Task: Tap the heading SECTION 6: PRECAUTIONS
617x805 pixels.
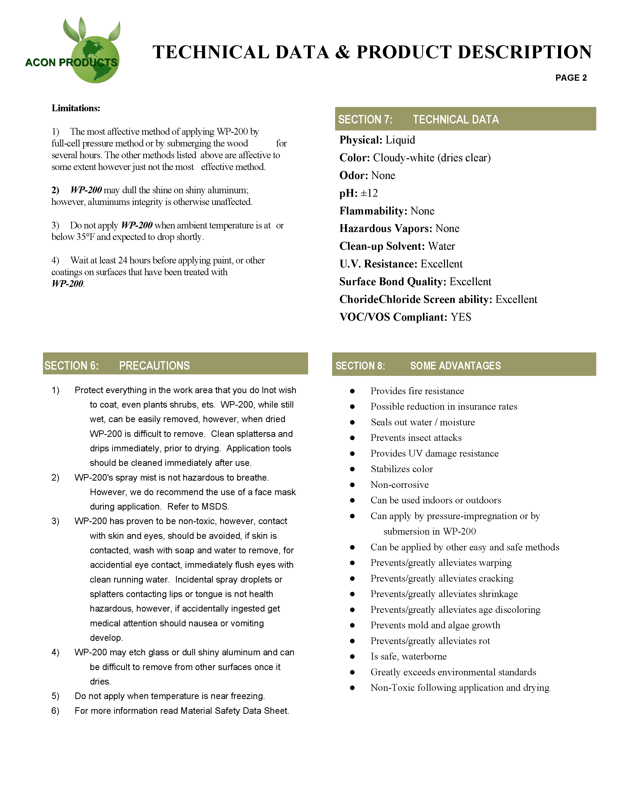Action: [x=117, y=365]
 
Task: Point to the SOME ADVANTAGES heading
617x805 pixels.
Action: [x=455, y=365]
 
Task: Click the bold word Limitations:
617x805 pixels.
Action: [x=76, y=108]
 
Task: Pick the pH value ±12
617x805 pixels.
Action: [x=369, y=193]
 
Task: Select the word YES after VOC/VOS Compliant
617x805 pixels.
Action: [x=461, y=317]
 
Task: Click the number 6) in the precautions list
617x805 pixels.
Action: [x=55, y=711]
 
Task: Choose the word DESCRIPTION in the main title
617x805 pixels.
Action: [x=525, y=52]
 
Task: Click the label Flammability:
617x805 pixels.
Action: [x=373, y=211]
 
